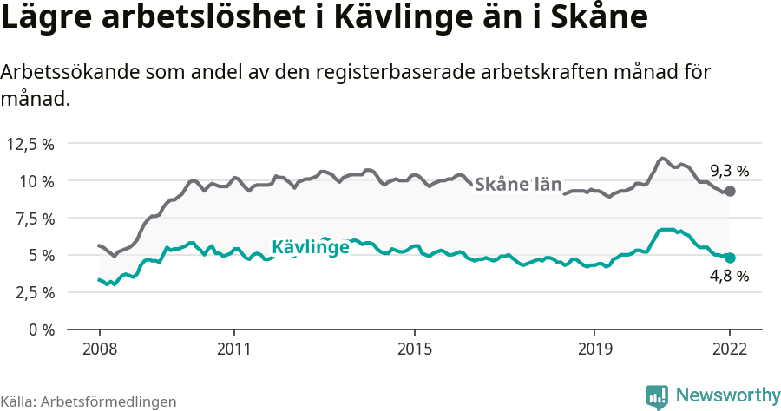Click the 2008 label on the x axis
[x=99, y=350]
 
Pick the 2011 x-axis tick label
[x=234, y=350]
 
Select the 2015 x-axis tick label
[x=415, y=350]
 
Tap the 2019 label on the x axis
[x=594, y=350]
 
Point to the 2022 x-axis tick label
[x=730, y=350]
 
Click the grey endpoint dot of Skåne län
[x=730, y=191]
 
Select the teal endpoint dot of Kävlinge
[x=730, y=258]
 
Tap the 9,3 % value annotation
[x=729, y=171]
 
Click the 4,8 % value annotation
[x=729, y=277]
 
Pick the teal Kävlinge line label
[x=311, y=247]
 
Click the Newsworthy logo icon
[x=658, y=396]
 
